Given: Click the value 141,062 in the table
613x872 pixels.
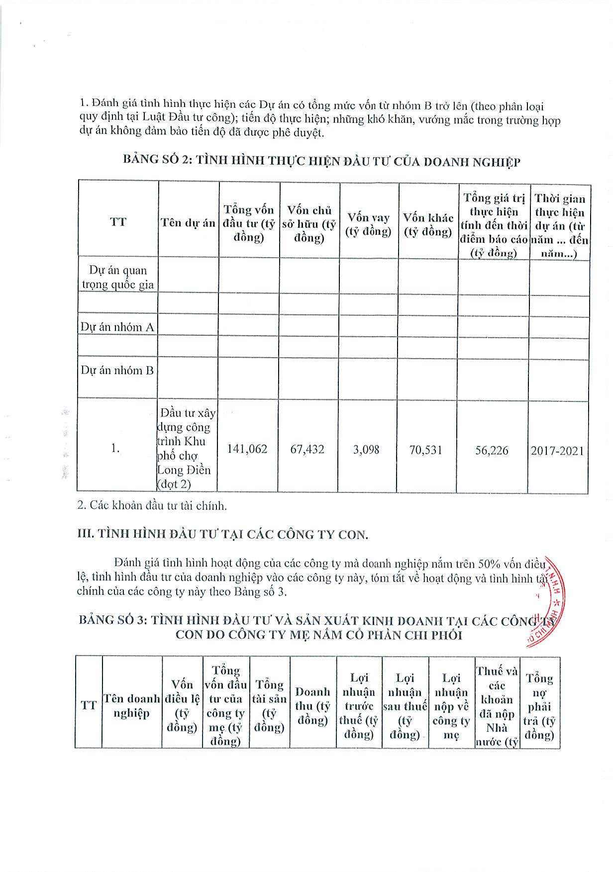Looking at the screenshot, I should (x=247, y=449).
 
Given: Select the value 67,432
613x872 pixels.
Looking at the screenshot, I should (x=307, y=450).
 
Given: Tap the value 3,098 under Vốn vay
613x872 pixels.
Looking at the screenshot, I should (x=367, y=450).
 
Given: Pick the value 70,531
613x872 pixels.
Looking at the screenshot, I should (x=426, y=450).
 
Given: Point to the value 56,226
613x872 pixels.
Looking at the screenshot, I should (x=492, y=450).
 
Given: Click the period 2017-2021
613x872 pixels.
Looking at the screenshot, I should (x=557, y=451).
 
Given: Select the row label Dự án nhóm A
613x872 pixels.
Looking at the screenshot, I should (x=117, y=327).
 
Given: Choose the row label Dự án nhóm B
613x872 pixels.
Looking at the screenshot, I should (x=117, y=370).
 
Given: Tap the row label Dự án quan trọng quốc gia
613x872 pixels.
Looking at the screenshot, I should (x=118, y=278).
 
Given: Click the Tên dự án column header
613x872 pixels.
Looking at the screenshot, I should (x=188, y=222).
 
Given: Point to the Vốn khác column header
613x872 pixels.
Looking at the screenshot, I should (x=428, y=224).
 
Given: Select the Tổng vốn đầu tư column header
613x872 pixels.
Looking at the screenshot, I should (x=249, y=223).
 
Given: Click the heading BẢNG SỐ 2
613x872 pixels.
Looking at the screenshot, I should (x=321, y=161).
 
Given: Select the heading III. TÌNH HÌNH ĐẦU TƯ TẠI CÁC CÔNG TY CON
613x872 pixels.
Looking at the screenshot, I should (x=223, y=534).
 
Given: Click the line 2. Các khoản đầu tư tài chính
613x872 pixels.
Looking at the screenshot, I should (x=152, y=505).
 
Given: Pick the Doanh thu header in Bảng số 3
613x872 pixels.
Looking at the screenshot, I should (x=312, y=705).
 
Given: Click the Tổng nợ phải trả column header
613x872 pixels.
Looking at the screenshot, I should (x=540, y=706).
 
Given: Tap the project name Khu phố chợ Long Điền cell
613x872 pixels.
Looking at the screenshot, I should (x=187, y=448).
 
